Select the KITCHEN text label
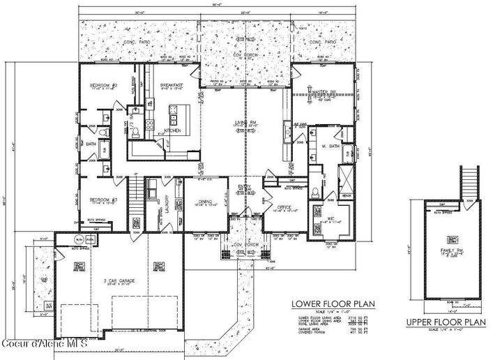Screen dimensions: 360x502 [x=172, y=130]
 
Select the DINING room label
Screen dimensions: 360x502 [x=204, y=202]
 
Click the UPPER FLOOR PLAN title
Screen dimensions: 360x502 [x=446, y=322]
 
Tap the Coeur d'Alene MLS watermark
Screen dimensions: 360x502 [x=45, y=344]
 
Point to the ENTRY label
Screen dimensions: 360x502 [x=245, y=187]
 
